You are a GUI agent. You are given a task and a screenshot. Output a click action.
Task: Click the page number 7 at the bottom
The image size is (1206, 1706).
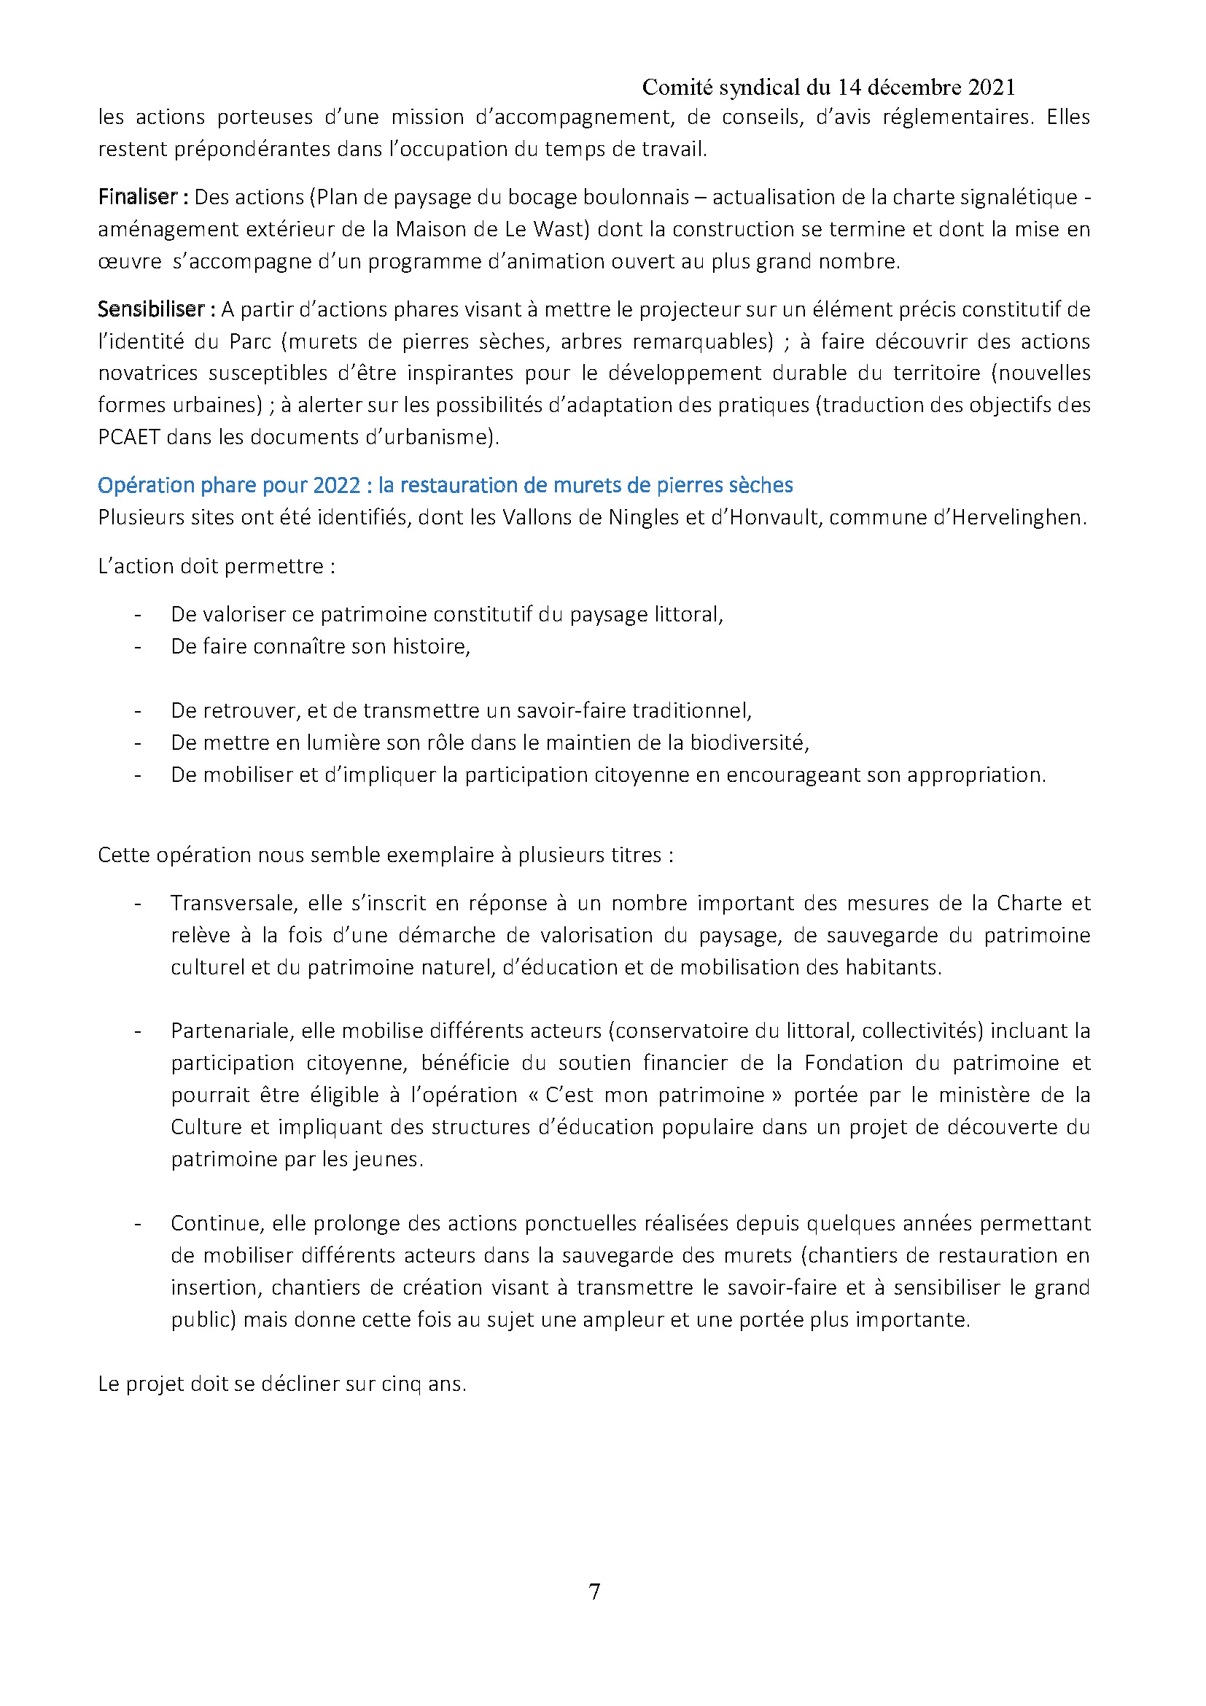click(594, 1591)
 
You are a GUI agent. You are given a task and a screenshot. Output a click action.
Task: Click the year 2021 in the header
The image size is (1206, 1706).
click(992, 88)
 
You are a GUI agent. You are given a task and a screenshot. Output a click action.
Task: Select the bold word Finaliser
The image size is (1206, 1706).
click(137, 197)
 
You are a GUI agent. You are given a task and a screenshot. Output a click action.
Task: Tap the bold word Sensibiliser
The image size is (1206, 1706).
click(152, 309)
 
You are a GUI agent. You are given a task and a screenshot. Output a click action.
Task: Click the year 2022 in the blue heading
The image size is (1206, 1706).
click(337, 485)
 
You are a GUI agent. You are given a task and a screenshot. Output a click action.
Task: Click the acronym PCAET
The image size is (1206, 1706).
click(129, 437)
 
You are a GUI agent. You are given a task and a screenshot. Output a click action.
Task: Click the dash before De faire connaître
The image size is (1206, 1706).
click(137, 646)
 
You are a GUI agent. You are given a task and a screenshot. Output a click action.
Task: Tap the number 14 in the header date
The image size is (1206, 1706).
click(849, 88)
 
